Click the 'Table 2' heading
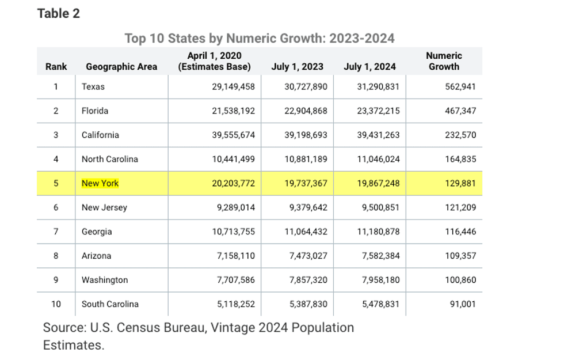pyautogui.click(x=58, y=13)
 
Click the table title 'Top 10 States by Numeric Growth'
pyautogui.click(x=260, y=38)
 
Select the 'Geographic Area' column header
pyautogui.click(x=121, y=67)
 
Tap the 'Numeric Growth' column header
pyautogui.click(x=444, y=61)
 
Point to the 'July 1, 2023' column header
pyautogui.click(x=297, y=67)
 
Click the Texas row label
pyautogui.click(x=93, y=87)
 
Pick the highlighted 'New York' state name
pyautogui.click(x=100, y=183)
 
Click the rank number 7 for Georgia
pyautogui.click(x=56, y=232)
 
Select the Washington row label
pyautogui.click(x=105, y=280)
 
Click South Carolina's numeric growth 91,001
pyautogui.click(x=463, y=304)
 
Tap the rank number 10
pyautogui.click(x=56, y=304)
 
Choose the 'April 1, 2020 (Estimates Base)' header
pyautogui.click(x=214, y=61)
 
